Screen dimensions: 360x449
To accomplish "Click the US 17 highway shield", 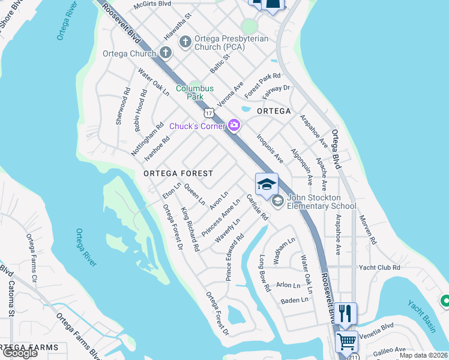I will [208, 112].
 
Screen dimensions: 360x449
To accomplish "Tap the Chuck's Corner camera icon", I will [234, 125].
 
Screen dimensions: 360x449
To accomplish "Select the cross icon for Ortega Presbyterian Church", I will [185, 41].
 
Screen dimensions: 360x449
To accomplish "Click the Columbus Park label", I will [194, 92].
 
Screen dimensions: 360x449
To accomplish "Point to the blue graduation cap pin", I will [267, 185].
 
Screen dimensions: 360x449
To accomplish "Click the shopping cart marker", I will [346, 341].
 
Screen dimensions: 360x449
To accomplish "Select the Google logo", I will [20, 353].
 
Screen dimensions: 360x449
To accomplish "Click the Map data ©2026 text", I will [424, 355].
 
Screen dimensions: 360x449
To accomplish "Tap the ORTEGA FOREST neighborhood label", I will [178, 173].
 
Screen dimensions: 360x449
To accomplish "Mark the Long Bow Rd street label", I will [264, 273].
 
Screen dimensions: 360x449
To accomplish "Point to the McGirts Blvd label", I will [152, 4].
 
